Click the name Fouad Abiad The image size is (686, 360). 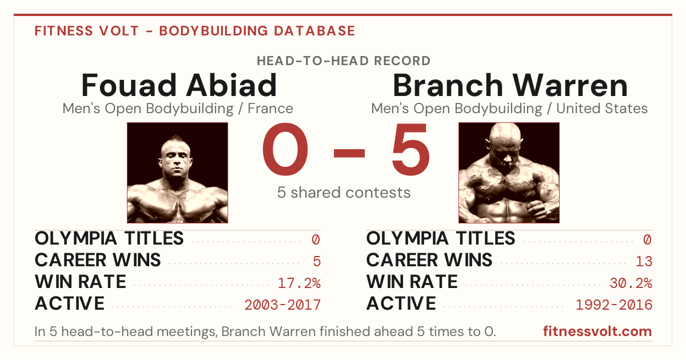(x=179, y=85)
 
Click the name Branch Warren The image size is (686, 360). (x=510, y=85)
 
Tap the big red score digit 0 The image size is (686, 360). (x=285, y=149)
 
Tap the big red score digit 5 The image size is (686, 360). (x=410, y=149)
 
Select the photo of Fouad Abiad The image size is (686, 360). (x=178, y=173)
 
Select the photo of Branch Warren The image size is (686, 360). (x=509, y=173)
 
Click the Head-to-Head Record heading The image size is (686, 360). (x=344, y=61)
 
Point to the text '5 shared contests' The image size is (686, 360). (x=344, y=193)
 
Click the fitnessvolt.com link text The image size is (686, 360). (x=597, y=331)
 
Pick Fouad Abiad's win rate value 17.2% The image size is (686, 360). (x=299, y=283)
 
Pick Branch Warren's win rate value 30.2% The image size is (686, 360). (x=631, y=283)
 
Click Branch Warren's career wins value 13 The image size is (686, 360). (x=644, y=262)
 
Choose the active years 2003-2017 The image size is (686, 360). (x=282, y=305)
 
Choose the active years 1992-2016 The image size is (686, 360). (x=614, y=305)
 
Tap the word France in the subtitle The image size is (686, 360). (x=270, y=109)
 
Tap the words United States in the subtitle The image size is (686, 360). (x=602, y=109)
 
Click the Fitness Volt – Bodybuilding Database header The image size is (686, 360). (x=195, y=31)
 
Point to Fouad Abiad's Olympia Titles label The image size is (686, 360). (x=109, y=238)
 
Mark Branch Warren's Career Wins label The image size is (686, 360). (x=429, y=260)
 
